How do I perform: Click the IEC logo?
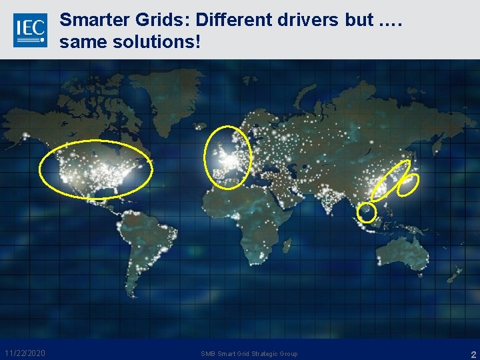tap(30, 30)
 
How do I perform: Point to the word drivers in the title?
tap(307, 20)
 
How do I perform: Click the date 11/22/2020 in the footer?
tap(25, 353)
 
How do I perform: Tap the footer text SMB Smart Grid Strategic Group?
tap(249, 353)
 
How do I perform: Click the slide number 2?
tap(473, 354)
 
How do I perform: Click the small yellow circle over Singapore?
tap(367, 213)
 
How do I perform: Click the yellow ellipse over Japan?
tap(408, 184)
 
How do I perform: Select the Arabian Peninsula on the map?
tap(283, 193)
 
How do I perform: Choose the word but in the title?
tap(360, 20)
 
